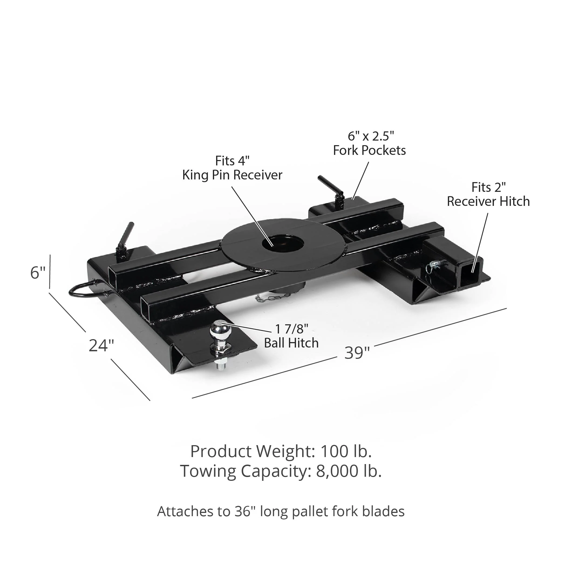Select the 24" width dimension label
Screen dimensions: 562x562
[101, 346]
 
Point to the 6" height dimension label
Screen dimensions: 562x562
[38, 273]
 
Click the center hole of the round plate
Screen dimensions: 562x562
[282, 243]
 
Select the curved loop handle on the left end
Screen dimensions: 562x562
[83, 289]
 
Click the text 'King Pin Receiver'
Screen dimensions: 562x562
[232, 175]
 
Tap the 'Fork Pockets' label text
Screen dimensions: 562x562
[369, 150]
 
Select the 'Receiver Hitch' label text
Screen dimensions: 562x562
[488, 201]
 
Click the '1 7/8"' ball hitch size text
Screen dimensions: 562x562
[291, 329]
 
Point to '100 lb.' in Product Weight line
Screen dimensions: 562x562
[346, 451]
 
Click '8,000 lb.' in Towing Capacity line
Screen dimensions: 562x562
[349, 471]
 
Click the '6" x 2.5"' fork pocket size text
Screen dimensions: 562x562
[371, 136]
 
